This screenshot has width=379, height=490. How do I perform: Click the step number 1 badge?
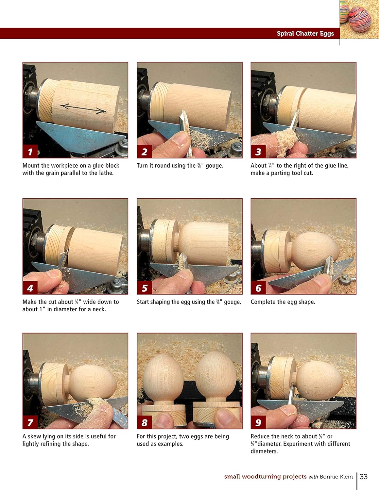click(x=30, y=152)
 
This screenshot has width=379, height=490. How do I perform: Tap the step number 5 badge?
click(x=145, y=288)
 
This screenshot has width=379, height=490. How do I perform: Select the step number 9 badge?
click(x=258, y=423)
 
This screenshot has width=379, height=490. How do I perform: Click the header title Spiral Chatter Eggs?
click(x=305, y=34)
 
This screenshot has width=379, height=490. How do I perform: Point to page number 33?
click(x=364, y=477)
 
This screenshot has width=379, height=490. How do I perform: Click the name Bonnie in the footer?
click(x=329, y=477)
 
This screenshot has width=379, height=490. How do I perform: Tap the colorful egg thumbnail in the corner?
click(x=359, y=19)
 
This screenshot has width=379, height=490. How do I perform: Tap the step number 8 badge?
click(x=145, y=423)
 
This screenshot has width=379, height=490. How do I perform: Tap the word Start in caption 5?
click(x=143, y=302)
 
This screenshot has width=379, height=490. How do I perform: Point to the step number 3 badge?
click(x=258, y=152)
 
